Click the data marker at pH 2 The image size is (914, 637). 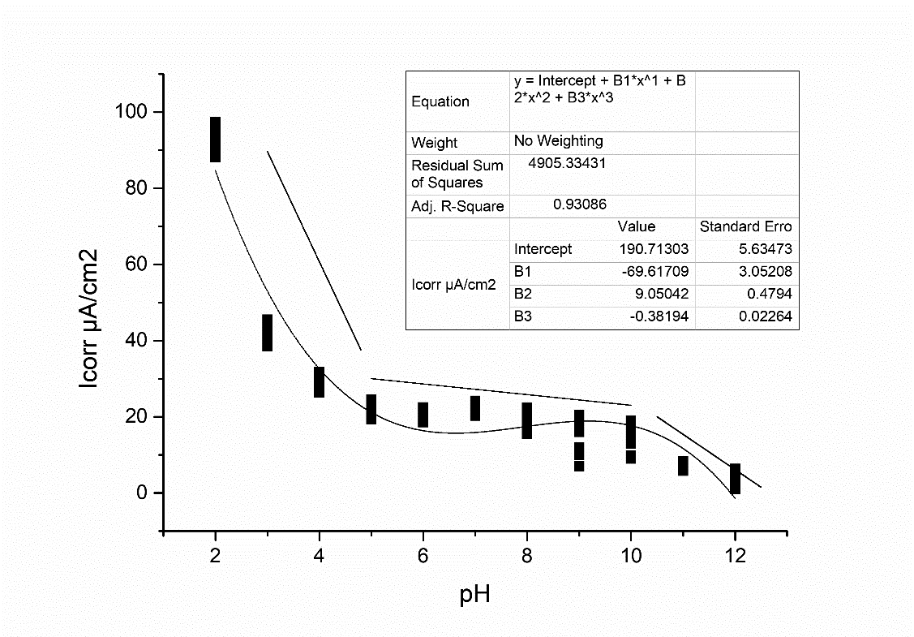tap(215, 140)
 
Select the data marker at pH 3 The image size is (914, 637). tap(267, 333)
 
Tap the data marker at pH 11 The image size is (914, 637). tap(683, 466)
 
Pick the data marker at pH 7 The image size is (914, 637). tap(475, 408)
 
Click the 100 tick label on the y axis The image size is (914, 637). tap(130, 112)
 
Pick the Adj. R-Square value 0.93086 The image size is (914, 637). tap(580, 204)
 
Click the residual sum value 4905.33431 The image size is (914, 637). tap(567, 163)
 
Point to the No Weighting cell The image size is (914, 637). tap(558, 141)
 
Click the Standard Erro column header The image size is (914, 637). tap(745, 226)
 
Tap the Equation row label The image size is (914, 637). tap(440, 101)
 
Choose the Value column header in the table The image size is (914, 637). tap(636, 226)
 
